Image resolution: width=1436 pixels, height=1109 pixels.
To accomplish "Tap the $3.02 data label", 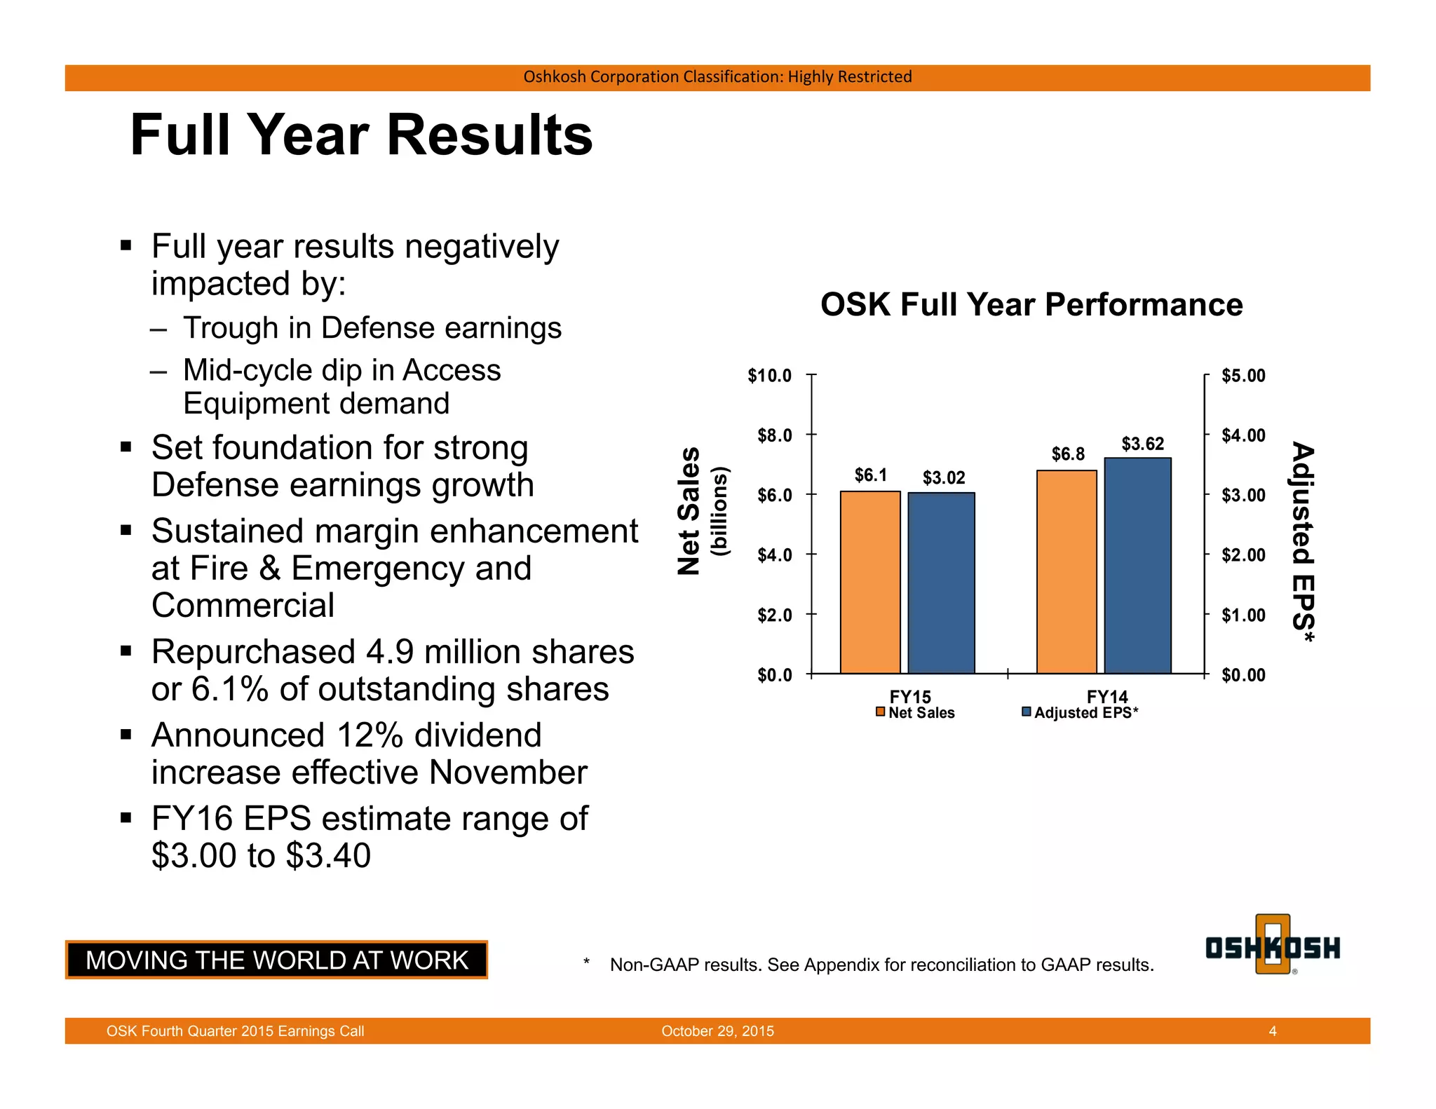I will (943, 478).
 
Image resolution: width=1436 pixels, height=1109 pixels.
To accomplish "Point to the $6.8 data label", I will (1067, 454).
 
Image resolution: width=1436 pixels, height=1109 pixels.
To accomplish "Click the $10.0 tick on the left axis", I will (769, 376).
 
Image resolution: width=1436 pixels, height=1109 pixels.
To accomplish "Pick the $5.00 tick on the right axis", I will (1243, 376).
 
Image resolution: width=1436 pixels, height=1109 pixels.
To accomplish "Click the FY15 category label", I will (910, 696).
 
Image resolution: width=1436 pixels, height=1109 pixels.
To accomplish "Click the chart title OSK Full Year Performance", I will (1031, 305).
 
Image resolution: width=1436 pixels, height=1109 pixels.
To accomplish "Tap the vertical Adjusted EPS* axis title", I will (1302, 542).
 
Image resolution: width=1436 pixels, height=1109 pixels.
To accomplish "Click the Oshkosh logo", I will (1272, 947).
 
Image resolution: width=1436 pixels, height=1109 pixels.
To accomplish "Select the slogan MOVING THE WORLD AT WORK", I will (276, 960).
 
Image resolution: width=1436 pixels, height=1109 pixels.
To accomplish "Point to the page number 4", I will (1272, 1030).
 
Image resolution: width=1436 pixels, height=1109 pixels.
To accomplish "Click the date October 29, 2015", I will (717, 1030).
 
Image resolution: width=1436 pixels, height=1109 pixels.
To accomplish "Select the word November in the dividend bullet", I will (508, 773).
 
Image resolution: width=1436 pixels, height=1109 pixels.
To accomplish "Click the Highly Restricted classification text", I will (850, 76).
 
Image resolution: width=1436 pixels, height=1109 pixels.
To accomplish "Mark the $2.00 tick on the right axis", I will (1243, 555).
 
